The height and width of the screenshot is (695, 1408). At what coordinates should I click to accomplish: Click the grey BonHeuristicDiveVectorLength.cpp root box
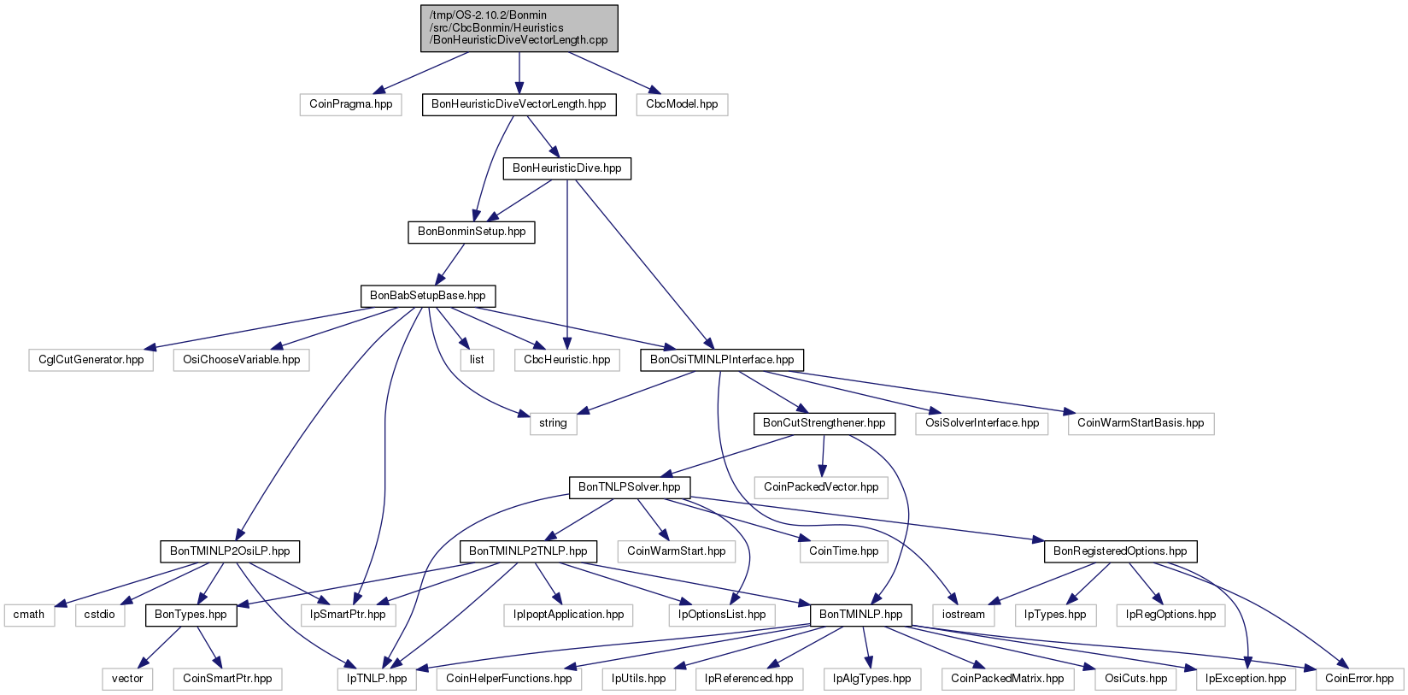pyautogui.click(x=519, y=28)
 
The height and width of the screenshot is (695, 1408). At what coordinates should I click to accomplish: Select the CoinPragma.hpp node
pyautogui.click(x=351, y=104)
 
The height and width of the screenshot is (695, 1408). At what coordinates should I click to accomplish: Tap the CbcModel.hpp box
pyautogui.click(x=682, y=104)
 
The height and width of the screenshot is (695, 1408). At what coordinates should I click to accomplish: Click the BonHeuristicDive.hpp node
pyautogui.click(x=567, y=168)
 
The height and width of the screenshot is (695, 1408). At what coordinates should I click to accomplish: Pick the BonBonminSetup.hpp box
pyautogui.click(x=472, y=232)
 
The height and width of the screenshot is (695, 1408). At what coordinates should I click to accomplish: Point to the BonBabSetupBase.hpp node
pyautogui.click(x=427, y=297)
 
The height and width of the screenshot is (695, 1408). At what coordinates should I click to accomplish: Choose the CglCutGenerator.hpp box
pyautogui.click(x=91, y=361)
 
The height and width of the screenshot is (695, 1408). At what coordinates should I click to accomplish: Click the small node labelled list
pyautogui.click(x=477, y=361)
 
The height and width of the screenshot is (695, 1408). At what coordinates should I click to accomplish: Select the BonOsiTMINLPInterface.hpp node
pyautogui.click(x=722, y=361)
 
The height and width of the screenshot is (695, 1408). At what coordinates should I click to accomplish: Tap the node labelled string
pyautogui.click(x=553, y=423)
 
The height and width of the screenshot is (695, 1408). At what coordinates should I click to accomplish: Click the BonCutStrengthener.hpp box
pyautogui.click(x=824, y=423)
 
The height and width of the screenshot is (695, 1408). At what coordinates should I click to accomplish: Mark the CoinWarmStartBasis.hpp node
pyautogui.click(x=1141, y=423)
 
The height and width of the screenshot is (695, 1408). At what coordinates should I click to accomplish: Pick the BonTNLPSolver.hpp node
pyautogui.click(x=629, y=487)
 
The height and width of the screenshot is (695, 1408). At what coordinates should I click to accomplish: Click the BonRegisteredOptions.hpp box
pyautogui.click(x=1120, y=551)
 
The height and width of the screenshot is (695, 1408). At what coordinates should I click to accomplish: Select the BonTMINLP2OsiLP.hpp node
pyautogui.click(x=230, y=551)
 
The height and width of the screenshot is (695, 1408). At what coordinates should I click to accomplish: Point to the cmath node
pyautogui.click(x=29, y=615)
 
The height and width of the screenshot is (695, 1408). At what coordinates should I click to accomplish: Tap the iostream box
pyautogui.click(x=964, y=615)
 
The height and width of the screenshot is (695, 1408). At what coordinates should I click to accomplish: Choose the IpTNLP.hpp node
pyautogui.click(x=377, y=680)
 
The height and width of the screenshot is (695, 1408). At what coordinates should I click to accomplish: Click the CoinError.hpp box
pyautogui.click(x=1359, y=680)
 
